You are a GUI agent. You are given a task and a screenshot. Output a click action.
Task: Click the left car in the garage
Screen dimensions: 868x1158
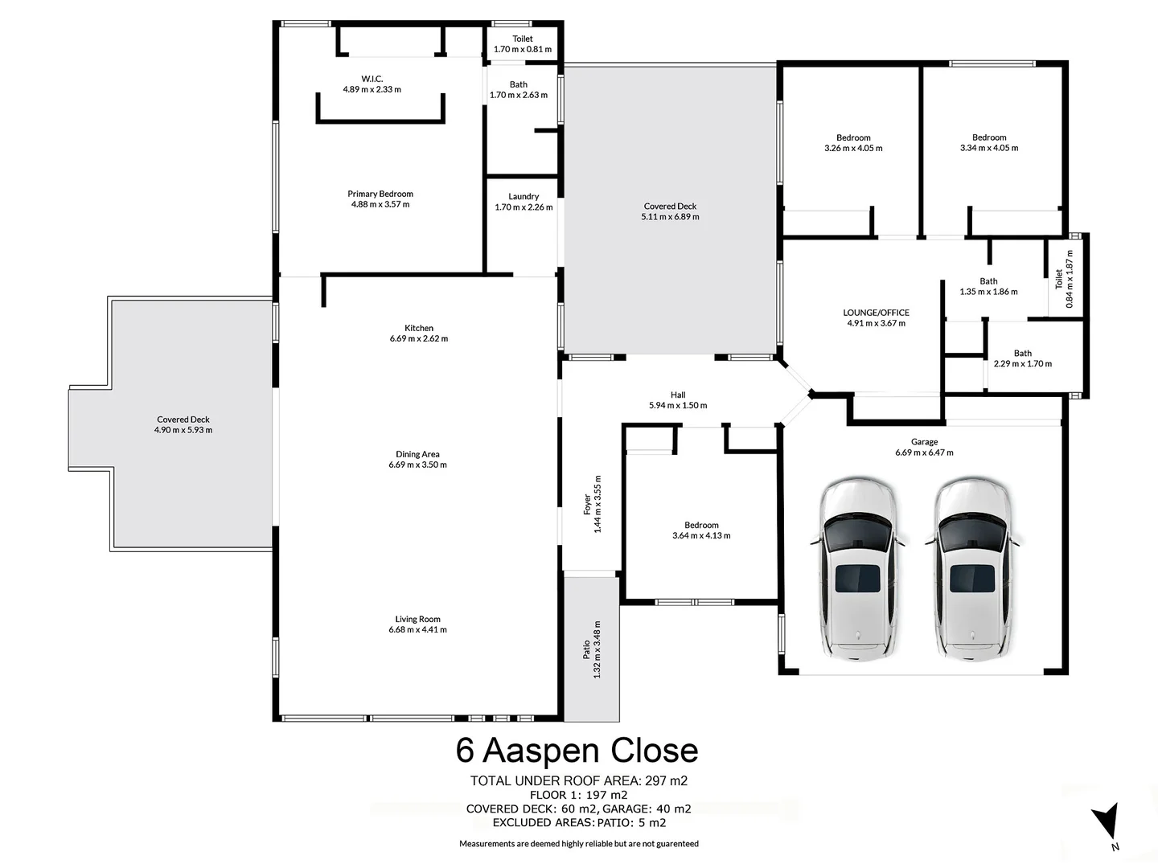pyautogui.click(x=857, y=569)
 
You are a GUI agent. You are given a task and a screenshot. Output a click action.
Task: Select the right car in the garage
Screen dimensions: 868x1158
pyautogui.click(x=971, y=569)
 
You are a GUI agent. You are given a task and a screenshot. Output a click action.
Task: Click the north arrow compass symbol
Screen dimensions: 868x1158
pyautogui.click(x=1107, y=824)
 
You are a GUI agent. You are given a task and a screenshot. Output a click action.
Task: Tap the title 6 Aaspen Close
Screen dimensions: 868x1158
pyautogui.click(x=577, y=751)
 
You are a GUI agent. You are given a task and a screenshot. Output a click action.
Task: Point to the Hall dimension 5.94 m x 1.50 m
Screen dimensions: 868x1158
pyautogui.click(x=678, y=406)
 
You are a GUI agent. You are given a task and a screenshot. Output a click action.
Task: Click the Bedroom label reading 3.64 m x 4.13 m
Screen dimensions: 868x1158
pyautogui.click(x=701, y=530)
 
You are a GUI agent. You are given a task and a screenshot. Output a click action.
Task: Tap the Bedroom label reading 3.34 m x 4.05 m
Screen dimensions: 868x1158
pyautogui.click(x=989, y=143)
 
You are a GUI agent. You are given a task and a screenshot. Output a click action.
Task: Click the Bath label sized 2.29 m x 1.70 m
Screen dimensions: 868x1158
pyautogui.click(x=1022, y=358)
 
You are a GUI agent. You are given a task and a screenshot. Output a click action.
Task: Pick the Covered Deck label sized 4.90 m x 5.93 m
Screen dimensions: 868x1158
pyautogui.click(x=184, y=425)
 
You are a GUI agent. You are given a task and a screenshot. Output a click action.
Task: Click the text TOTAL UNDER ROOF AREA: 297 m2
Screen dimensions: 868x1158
pyautogui.click(x=578, y=780)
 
